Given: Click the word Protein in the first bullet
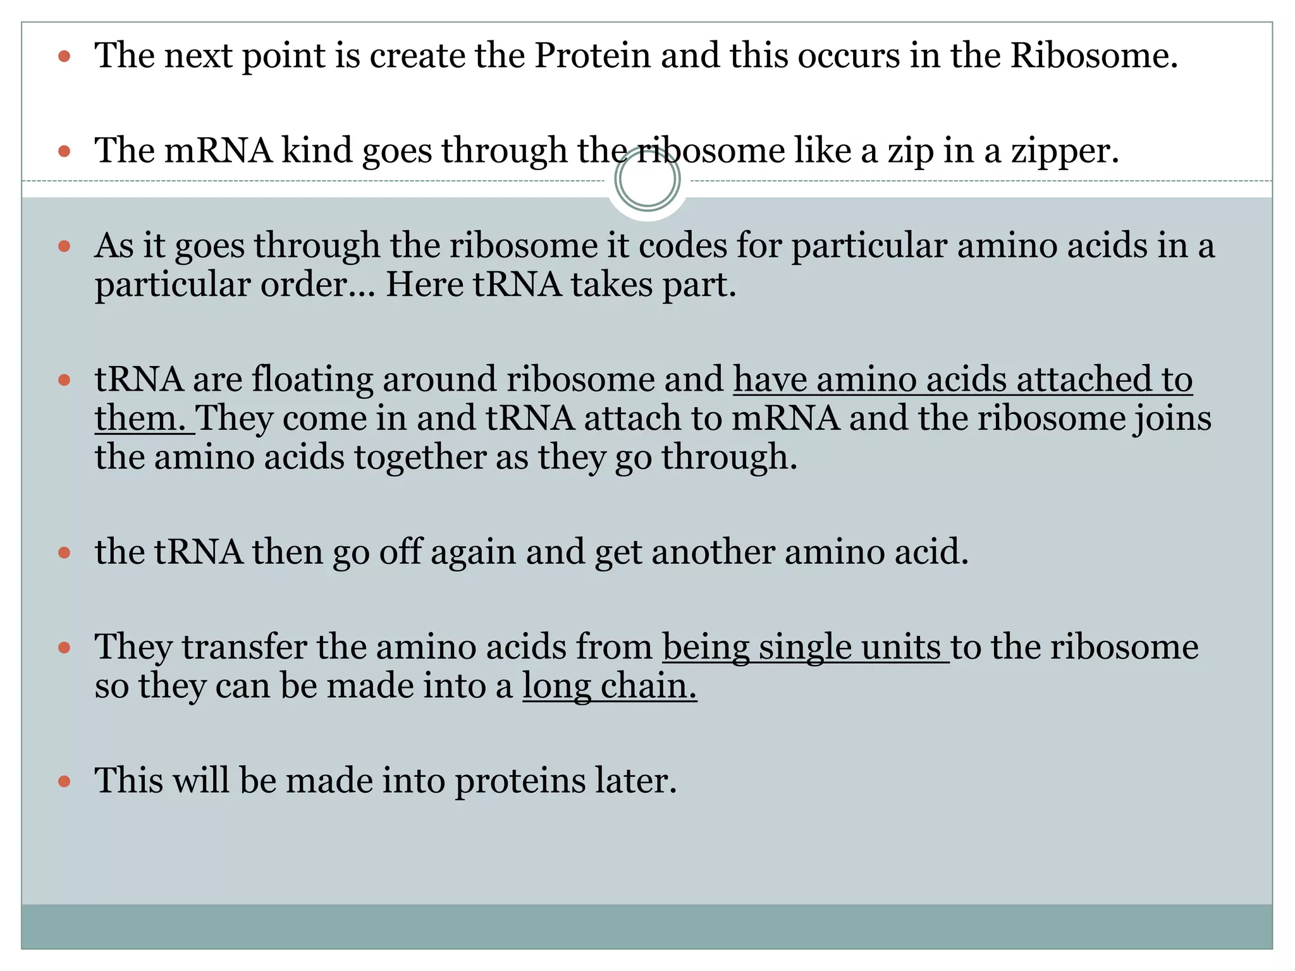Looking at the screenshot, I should [592, 56].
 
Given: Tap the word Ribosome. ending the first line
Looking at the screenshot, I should [1094, 56].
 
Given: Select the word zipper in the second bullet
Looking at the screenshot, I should [1064, 152].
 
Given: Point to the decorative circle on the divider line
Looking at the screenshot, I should [647, 180].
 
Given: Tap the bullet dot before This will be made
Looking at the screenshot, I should [64, 781].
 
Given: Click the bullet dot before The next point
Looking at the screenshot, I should [64, 57].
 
